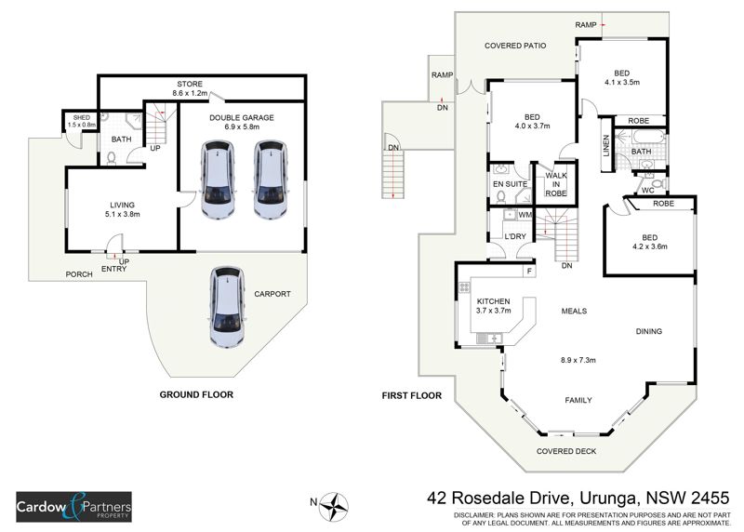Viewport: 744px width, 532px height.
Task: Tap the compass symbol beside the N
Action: coord(335,506)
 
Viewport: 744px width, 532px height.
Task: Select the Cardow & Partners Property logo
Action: coord(73,508)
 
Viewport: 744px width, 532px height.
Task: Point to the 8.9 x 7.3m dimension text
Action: coord(577,360)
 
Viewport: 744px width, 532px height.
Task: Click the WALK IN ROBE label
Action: coord(556,182)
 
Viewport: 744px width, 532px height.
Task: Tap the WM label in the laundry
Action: coord(525,216)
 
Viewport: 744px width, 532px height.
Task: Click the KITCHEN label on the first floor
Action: coord(495,302)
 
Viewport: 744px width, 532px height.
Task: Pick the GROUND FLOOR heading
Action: coord(195,394)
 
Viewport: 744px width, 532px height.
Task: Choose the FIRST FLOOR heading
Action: coord(411,395)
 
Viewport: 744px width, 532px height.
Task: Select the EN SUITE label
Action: coord(511,184)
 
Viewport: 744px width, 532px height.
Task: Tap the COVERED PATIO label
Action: coord(515,45)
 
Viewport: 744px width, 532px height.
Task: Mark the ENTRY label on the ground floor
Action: coord(113,269)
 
